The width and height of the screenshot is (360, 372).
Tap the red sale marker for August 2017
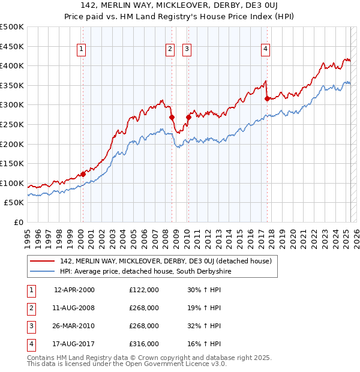(x=268, y=99)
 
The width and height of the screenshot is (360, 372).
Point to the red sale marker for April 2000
(x=83, y=175)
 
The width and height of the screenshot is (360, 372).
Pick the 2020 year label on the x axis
(x=293, y=237)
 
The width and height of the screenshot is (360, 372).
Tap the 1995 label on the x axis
(x=27, y=237)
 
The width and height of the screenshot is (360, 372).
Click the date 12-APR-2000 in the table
(x=74, y=290)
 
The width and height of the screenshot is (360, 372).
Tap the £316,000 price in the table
(x=143, y=344)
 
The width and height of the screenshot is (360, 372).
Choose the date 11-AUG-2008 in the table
(x=74, y=308)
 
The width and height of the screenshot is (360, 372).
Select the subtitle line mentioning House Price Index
(x=179, y=17)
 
